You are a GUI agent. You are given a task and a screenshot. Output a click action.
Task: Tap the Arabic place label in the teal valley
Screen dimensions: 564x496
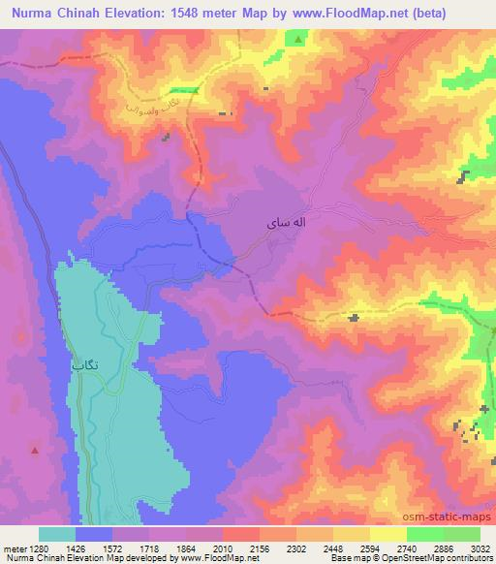click(x=84, y=366)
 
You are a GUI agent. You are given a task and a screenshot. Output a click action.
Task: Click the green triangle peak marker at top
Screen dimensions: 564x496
click(x=297, y=39)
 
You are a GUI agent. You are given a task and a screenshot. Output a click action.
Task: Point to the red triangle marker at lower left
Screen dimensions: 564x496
click(x=36, y=450)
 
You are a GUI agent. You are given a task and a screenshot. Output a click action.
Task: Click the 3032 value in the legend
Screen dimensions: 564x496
click(x=481, y=548)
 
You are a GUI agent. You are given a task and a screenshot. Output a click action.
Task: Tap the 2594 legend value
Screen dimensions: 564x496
click(x=371, y=548)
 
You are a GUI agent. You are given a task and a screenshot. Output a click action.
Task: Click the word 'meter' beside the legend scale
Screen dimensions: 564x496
click(x=15, y=548)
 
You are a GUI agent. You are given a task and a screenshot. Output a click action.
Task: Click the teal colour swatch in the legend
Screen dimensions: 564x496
click(x=57, y=534)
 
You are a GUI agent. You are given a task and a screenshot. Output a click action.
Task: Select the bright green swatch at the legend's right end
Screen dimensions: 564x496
click(x=462, y=534)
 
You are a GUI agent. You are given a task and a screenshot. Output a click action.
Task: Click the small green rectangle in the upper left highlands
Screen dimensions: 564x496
click(x=190, y=91)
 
